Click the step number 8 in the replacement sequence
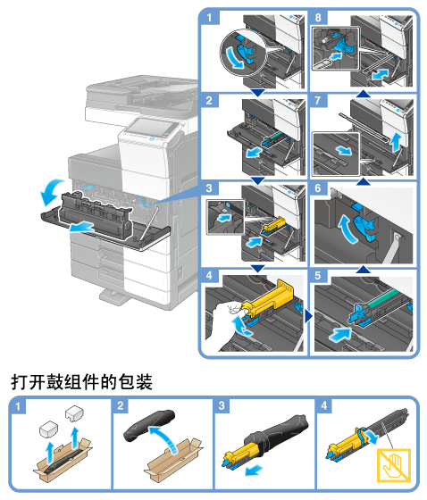coord(318,17)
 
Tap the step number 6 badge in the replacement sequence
coord(318,188)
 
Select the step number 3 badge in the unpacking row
coord(222,405)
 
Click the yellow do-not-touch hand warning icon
coord(394,465)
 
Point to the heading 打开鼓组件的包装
coord(81,382)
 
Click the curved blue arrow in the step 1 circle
coord(235,57)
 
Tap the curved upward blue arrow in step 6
coord(347,229)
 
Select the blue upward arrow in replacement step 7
coord(396,143)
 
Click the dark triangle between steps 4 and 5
coord(308,317)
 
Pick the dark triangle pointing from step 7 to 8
coord(364,94)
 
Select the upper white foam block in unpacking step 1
coord(74,413)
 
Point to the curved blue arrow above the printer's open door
coord(51,192)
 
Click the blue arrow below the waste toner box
coord(81,228)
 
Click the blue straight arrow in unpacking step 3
coord(254,471)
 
